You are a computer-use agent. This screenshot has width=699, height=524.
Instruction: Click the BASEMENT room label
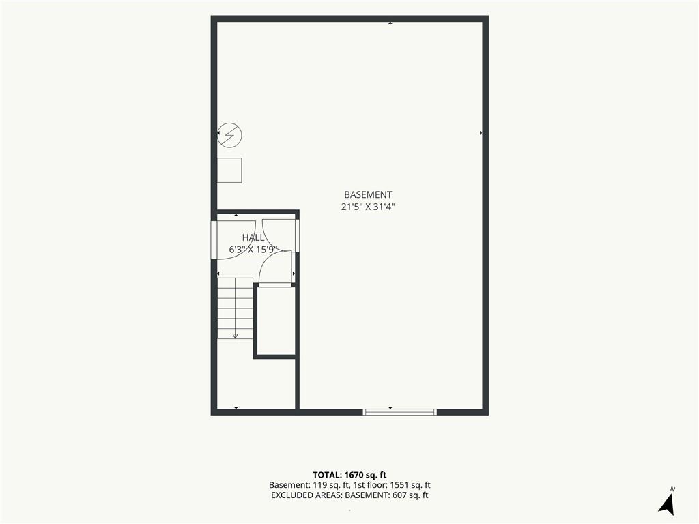[368, 194]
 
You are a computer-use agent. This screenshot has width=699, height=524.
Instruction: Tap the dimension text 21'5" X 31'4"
[368, 207]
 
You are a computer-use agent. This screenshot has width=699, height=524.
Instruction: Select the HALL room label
[253, 237]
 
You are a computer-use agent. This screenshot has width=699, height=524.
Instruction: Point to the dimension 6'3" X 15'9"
[253, 250]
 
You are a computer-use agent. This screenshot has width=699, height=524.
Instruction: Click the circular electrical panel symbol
[229, 134]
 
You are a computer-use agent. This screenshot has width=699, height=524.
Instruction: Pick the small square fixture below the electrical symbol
[229, 170]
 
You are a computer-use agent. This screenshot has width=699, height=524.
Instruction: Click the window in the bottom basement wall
[400, 412]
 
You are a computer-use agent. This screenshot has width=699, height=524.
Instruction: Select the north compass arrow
[667, 504]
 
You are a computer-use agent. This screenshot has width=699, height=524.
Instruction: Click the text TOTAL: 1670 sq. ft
[349, 475]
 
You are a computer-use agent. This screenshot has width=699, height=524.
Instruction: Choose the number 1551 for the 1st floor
[399, 485]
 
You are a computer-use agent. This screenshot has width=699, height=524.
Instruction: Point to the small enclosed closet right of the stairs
[276, 321]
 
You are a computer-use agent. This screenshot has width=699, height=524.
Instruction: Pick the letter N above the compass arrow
[672, 489]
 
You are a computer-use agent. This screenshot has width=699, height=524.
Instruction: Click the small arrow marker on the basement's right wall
[481, 133]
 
